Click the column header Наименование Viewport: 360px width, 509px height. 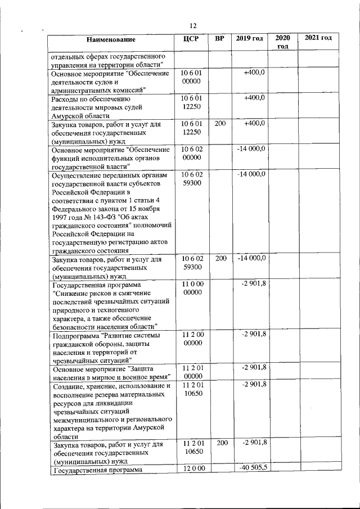tap(111, 39)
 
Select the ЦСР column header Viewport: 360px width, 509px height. tap(192, 39)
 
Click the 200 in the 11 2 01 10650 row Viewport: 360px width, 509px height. tap(222, 443)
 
